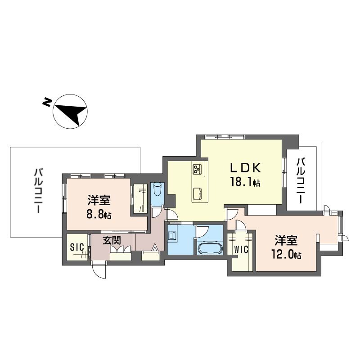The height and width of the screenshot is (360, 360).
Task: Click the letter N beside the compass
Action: tap(46, 103)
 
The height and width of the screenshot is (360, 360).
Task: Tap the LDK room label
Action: tap(245, 168)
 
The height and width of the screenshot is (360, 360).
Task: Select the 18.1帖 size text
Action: tap(246, 182)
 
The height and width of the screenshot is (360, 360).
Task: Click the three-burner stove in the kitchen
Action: tap(198, 169)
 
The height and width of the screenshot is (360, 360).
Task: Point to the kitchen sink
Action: tap(198, 194)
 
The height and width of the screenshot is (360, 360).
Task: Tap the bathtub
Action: tap(211, 248)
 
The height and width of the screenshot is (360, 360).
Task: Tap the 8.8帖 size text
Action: tap(99, 214)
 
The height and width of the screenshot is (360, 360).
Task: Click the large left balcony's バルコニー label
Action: tap(39, 191)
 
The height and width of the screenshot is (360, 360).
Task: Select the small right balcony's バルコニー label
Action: tap(301, 180)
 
